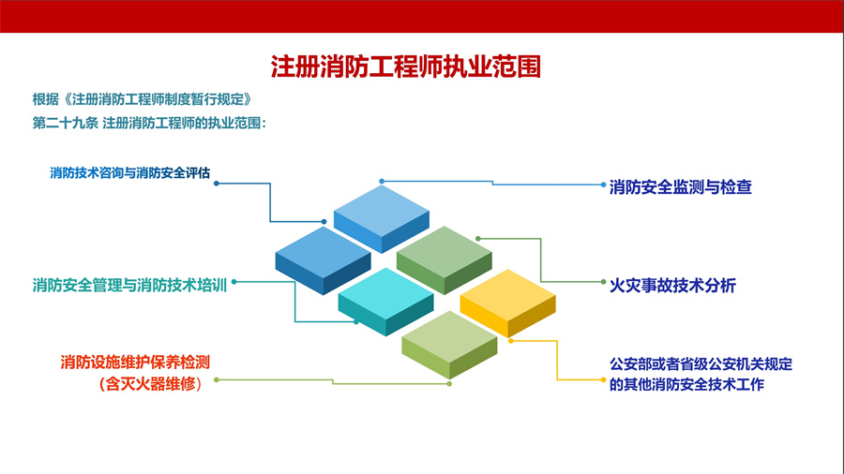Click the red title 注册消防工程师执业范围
(406, 67)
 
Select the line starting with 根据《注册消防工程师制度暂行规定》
(143, 99)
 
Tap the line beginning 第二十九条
(150, 123)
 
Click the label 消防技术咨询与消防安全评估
(129, 173)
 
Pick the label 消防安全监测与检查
(680, 187)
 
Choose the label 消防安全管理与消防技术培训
(129, 285)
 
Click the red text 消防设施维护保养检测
(135, 362)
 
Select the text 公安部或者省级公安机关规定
(701, 364)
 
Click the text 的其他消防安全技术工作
(686, 384)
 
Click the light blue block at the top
(381, 212)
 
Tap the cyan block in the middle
(385, 295)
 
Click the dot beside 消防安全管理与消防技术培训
(234, 280)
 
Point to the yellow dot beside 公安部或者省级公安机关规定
(603, 379)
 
